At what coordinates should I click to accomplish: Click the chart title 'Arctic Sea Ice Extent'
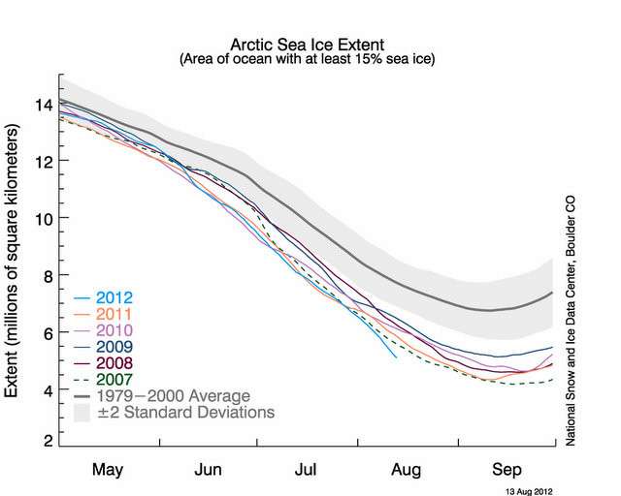coord(308,45)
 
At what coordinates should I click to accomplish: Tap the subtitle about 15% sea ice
coord(308,60)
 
